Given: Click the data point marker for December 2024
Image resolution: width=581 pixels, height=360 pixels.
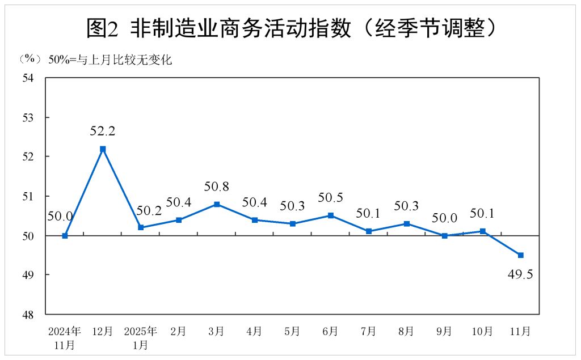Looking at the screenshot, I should click(103, 149).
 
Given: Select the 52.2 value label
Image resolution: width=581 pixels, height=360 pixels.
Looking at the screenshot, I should click(103, 131).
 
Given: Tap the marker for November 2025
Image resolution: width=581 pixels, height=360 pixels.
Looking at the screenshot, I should click(520, 255).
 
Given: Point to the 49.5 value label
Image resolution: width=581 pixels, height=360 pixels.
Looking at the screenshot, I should click(520, 276).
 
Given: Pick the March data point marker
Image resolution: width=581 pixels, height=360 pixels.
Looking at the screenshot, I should click(217, 204).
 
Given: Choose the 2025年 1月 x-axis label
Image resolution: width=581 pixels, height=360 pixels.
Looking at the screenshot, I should click(140, 337).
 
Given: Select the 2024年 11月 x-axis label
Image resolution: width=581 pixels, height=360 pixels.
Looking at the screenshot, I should click(65, 337).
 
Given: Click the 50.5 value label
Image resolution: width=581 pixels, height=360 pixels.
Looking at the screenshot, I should click(331, 198).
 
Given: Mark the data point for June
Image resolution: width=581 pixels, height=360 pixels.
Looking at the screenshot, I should click(331, 215).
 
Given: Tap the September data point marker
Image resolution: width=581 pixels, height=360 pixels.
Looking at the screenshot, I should click(445, 235).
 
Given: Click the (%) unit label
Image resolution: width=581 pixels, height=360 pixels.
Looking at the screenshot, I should click(30, 59).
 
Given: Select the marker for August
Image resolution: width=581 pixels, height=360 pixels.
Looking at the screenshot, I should click(407, 223).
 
